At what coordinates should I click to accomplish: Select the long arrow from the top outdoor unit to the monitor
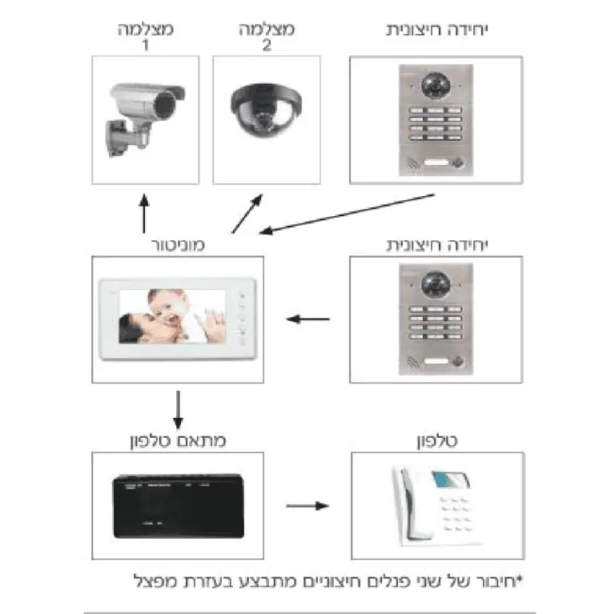(x=348, y=213)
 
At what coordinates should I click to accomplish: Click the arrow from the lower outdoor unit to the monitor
(x=309, y=319)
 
